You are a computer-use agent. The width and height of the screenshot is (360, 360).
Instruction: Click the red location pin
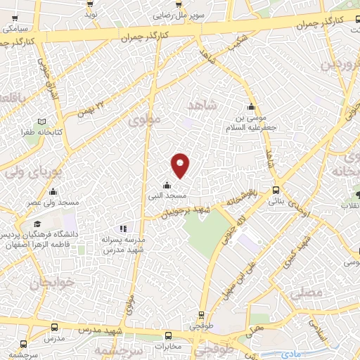tap(181, 165)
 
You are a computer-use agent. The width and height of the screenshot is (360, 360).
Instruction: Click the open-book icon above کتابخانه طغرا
tap(42, 122)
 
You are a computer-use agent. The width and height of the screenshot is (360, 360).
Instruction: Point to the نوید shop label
tap(91, 14)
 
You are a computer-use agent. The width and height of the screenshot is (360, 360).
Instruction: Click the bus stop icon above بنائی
tap(276, 189)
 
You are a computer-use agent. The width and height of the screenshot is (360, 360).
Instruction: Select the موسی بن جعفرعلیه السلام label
tap(252, 119)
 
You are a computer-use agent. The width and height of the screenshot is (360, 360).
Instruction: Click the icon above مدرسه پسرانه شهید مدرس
tap(124, 228)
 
